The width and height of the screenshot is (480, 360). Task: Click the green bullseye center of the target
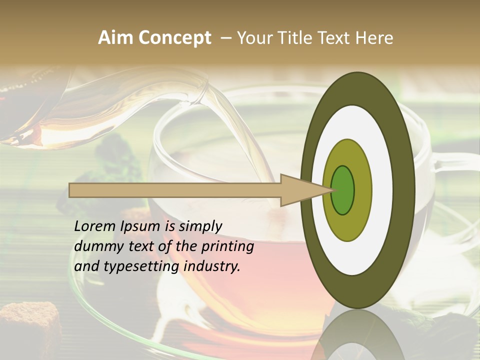(342, 190)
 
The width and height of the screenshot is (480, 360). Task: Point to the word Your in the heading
(254, 38)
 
